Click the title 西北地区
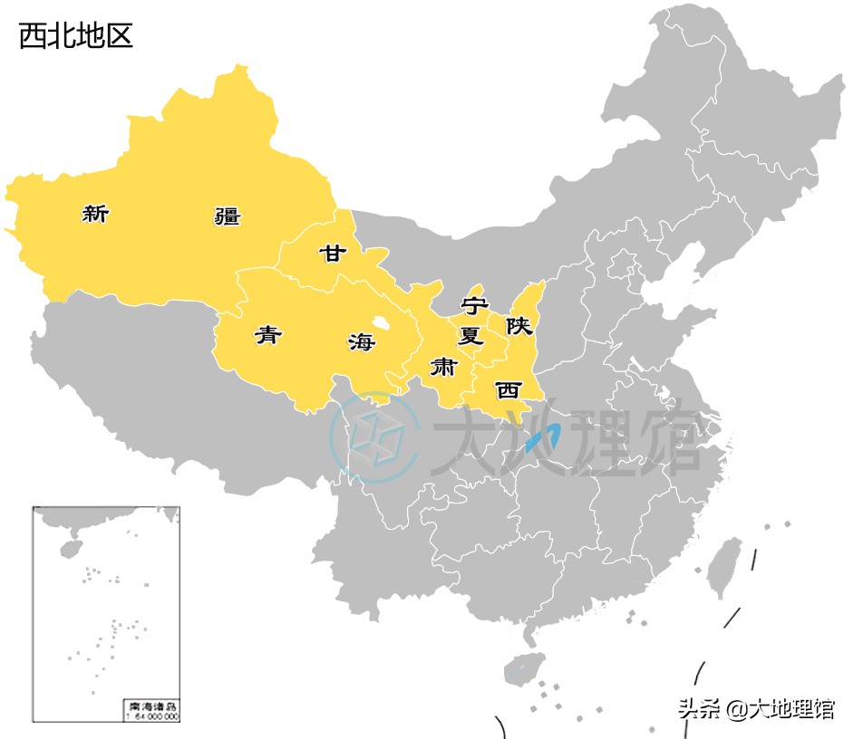point(76,35)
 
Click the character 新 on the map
point(95,215)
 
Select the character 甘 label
point(332,253)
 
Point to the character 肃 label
point(443,367)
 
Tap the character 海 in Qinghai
point(361,341)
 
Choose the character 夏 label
point(470,336)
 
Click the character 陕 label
point(519,326)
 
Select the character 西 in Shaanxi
point(508,390)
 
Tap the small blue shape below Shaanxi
point(542,440)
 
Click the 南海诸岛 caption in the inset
point(151,705)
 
